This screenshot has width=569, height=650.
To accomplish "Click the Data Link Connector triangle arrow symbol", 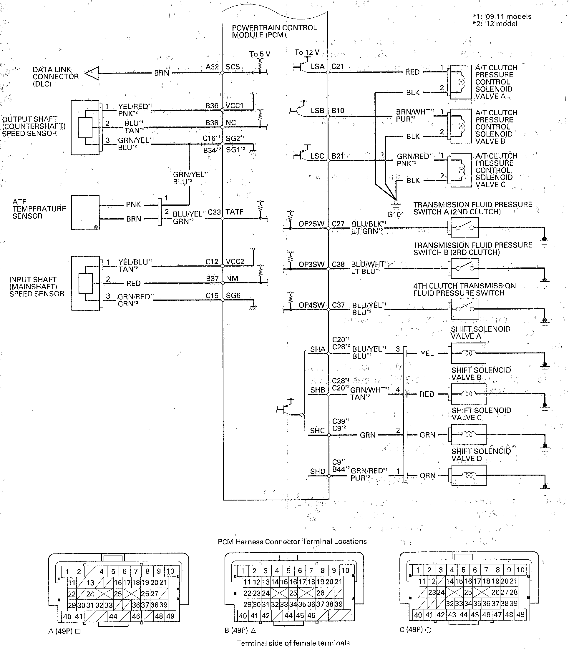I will tap(92, 73).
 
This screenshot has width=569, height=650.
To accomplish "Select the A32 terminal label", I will tap(212, 67).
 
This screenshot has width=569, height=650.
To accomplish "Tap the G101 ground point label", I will tap(396, 214).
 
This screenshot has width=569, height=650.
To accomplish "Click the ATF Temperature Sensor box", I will tap(85, 212).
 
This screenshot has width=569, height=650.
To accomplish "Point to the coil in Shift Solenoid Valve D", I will tap(468, 475).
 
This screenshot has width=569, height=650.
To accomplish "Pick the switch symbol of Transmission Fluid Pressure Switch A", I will tap(465, 227).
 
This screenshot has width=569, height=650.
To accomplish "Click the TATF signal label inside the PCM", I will tap(234, 212).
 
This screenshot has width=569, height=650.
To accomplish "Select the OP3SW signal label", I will tap(311, 264).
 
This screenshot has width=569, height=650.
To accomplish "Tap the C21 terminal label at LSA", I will tap(338, 67).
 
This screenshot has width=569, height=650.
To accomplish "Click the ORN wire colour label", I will tap(427, 476).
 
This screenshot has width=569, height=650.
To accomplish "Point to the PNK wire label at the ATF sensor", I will tap(133, 205).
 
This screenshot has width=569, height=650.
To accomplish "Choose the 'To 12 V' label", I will tap(307, 52).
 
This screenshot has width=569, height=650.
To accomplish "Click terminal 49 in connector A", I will tap(170, 616).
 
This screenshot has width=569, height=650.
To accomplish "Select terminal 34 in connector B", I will tap(293, 604).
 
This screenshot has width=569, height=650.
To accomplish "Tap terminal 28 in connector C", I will tap(513, 592).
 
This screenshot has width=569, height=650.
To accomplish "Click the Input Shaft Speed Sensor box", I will tap(85, 283).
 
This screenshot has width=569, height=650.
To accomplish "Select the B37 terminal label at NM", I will tap(212, 279).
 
